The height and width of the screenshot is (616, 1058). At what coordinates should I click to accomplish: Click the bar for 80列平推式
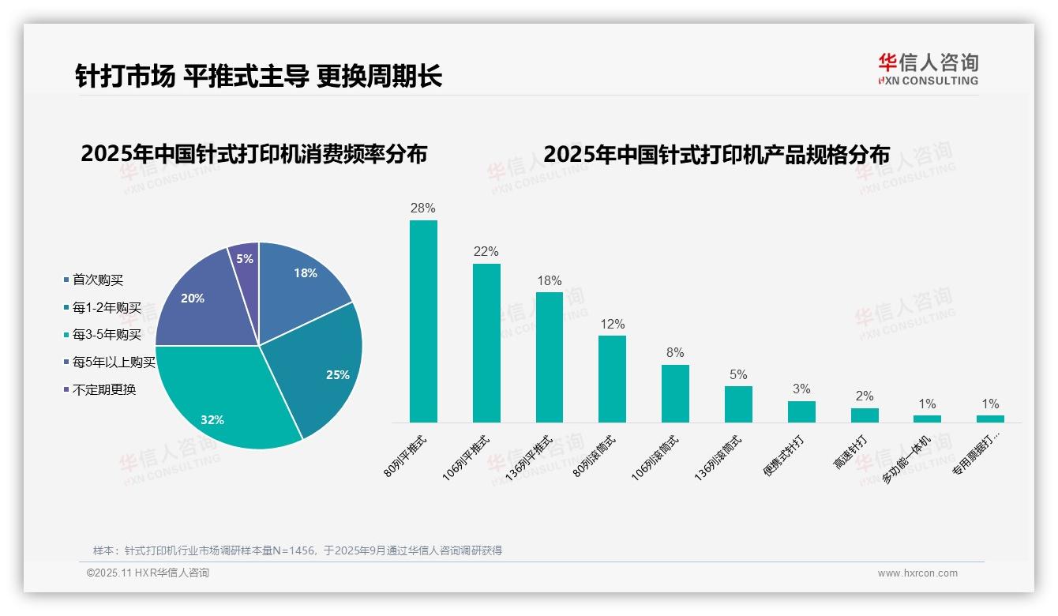pos(423,321)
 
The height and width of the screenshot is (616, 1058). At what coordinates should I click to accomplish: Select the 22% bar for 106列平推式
pos(486,343)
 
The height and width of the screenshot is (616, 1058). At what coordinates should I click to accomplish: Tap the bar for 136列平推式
pos(550,357)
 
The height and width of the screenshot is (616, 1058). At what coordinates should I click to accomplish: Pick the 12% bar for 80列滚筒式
pos(612,379)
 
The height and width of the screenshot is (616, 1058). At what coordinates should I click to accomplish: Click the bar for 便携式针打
pos(801,411)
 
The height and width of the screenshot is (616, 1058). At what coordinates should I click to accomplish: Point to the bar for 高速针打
pos(865,415)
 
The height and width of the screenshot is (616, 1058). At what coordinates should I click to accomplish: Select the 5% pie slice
pos(246,258)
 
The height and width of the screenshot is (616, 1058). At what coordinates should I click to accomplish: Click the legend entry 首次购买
pos(97,280)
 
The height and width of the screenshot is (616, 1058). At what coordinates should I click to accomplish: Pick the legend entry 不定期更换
pos(103,389)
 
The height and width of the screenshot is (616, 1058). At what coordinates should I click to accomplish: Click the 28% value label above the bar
pos(423,208)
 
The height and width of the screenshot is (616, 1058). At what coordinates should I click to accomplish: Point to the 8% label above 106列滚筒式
pos(675,353)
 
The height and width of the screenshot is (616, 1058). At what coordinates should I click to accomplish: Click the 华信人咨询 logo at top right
pos(928,69)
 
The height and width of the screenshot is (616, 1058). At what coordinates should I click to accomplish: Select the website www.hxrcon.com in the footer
pos(917,573)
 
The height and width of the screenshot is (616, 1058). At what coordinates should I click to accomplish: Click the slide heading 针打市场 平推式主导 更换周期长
pos(258,76)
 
